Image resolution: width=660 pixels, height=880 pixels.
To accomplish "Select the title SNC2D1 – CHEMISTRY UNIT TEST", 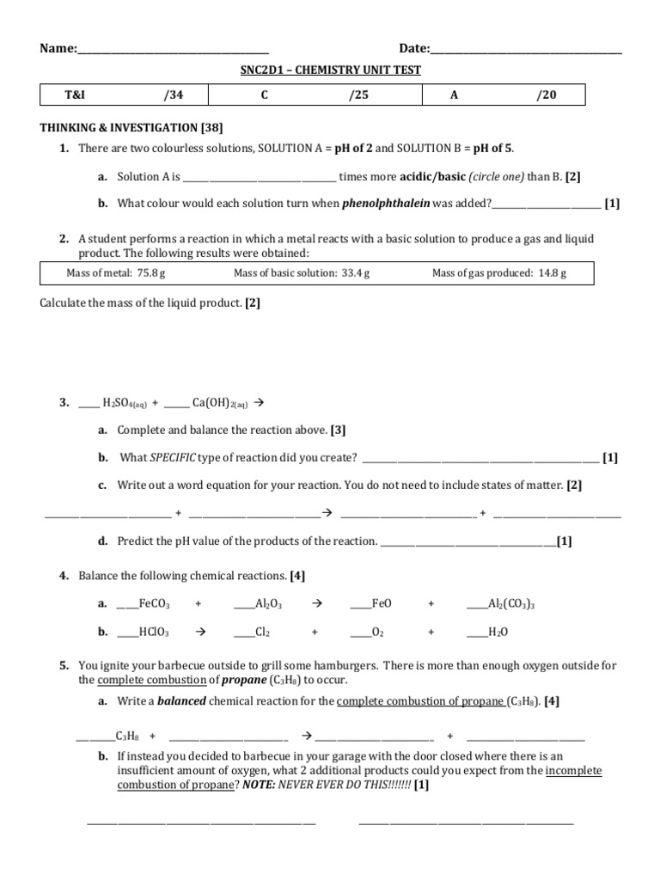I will click(x=330, y=70).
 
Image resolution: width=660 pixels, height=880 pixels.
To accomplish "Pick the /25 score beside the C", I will click(x=358, y=95).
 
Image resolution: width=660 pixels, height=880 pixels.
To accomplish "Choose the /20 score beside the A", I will click(x=547, y=95).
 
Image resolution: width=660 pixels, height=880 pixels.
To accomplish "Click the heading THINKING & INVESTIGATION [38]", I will click(x=131, y=127).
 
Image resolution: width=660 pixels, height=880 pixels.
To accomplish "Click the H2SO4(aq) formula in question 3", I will click(x=125, y=402).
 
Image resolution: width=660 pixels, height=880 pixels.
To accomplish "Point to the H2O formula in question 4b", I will click(x=498, y=632).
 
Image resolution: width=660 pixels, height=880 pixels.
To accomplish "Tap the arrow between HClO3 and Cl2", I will click(x=199, y=632).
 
